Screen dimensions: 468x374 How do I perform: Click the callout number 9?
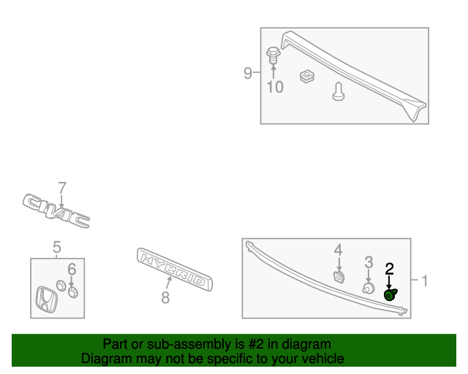[x=248, y=73]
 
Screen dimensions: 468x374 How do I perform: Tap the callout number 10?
[x=275, y=87]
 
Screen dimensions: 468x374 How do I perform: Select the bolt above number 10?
[x=273, y=56]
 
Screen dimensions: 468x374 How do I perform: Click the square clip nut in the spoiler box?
[x=307, y=76]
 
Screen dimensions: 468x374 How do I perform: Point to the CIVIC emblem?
[x=56, y=210]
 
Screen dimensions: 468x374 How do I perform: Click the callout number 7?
[x=61, y=188]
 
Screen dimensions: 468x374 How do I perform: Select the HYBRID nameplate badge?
[x=175, y=269]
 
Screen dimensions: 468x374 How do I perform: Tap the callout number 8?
[x=165, y=297]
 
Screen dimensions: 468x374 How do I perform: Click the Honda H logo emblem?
[x=46, y=299]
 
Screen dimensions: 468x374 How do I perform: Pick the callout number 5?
[x=57, y=247]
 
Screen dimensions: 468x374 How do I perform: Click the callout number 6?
[x=72, y=270]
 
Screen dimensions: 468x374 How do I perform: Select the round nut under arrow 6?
[x=73, y=292]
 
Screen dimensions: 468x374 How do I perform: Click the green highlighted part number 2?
[x=390, y=294]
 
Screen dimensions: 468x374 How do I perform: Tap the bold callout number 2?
[x=389, y=269]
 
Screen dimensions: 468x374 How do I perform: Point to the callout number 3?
[x=369, y=262]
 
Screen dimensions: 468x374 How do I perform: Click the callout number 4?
[x=338, y=251]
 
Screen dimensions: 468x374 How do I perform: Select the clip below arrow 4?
[x=339, y=276]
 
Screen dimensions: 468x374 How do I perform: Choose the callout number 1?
[x=425, y=281]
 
